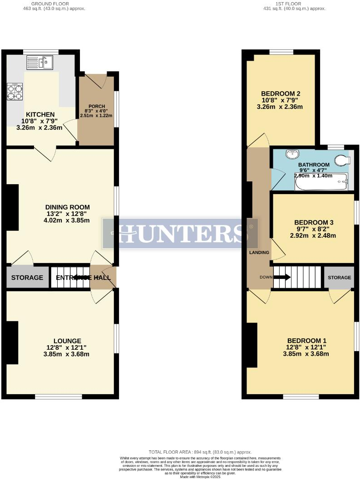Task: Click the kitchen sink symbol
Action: click(x=40, y=62)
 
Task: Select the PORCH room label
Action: click(x=96, y=107)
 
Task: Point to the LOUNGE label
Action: click(x=67, y=341)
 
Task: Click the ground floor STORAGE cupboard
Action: click(x=27, y=278)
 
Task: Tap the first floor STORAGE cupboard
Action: click(x=339, y=278)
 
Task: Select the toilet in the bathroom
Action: click(x=341, y=160)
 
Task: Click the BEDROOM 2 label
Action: click(x=280, y=94)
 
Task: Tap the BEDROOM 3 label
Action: click(x=314, y=222)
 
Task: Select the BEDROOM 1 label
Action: click(x=306, y=341)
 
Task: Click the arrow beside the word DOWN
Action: click(x=282, y=277)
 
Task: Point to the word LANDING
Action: click(x=259, y=253)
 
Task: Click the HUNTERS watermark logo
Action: click(x=180, y=233)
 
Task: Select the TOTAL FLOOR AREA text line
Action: click(x=200, y=452)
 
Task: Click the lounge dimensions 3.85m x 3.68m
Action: click(x=67, y=354)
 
